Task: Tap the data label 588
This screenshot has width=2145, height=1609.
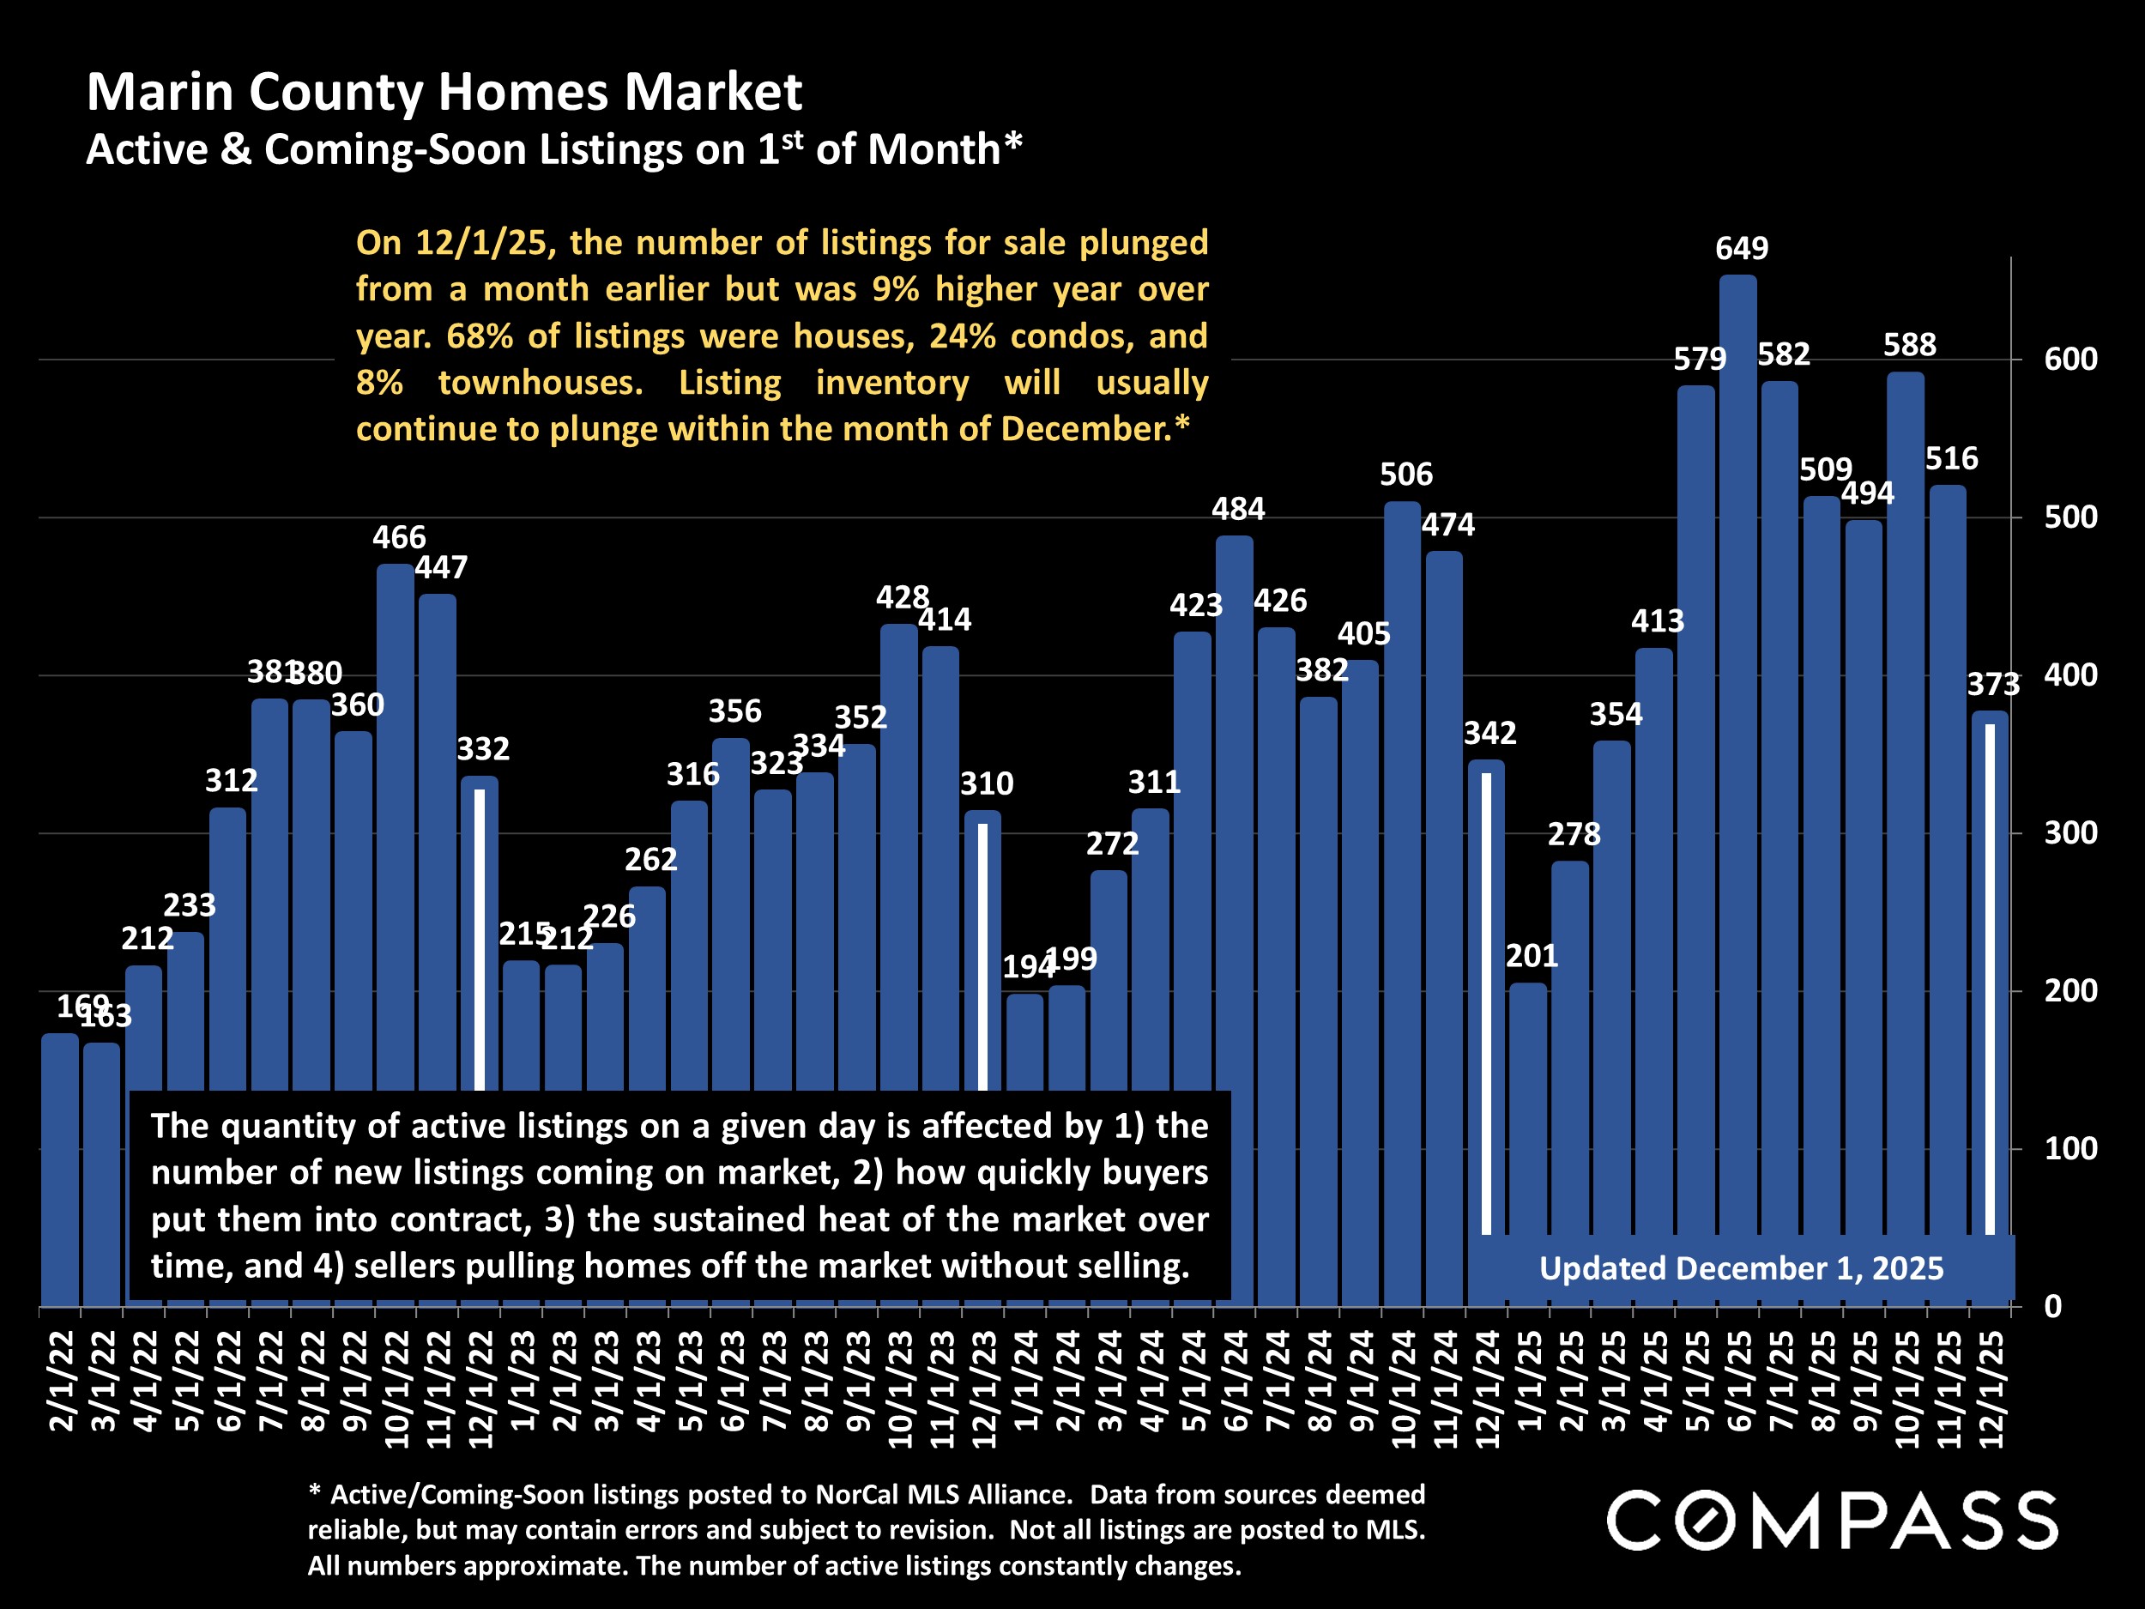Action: pos(1908,344)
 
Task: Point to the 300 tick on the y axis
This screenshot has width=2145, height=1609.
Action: pos(2070,833)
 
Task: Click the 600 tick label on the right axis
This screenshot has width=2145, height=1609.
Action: pos(2070,360)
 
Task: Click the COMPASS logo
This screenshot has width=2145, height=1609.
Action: pos(1832,1521)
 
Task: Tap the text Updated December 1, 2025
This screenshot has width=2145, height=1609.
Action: pos(1741,1268)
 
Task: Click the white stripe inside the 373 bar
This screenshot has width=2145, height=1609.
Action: pos(1990,980)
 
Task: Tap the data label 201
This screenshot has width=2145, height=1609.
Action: pos(1532,956)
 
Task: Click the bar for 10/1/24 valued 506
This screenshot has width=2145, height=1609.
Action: pos(1402,902)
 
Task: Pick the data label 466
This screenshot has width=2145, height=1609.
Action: pos(399,537)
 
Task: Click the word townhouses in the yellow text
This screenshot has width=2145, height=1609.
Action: pos(541,382)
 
